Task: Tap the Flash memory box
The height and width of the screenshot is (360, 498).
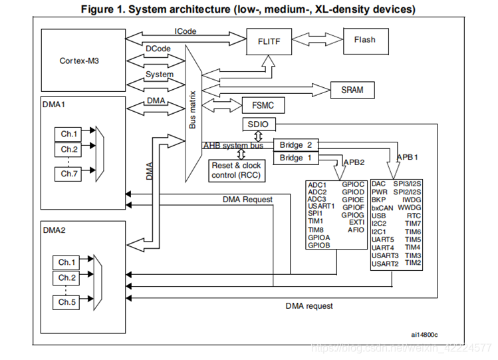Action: tap(364, 40)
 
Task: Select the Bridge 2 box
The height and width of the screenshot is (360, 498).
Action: tap(295, 145)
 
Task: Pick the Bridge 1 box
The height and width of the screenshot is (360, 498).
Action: tap(295, 158)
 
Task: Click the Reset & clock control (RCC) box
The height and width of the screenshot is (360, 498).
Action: tap(236, 170)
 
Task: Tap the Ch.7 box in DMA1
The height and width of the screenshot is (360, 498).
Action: tap(70, 173)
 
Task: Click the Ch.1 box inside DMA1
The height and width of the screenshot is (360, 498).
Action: tap(70, 133)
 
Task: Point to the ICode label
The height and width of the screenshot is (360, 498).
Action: tap(186, 31)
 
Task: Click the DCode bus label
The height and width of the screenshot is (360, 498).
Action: tap(159, 49)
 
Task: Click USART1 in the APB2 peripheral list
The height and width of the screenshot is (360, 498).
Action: tap(322, 206)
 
